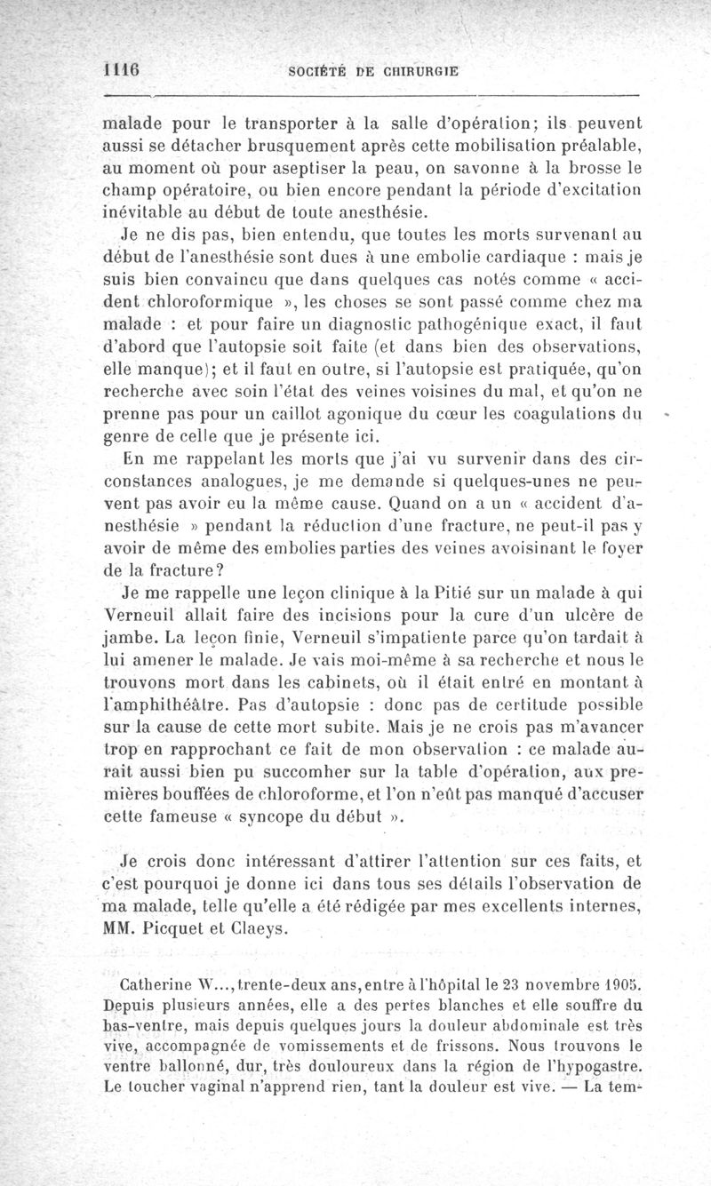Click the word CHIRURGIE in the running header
409,73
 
